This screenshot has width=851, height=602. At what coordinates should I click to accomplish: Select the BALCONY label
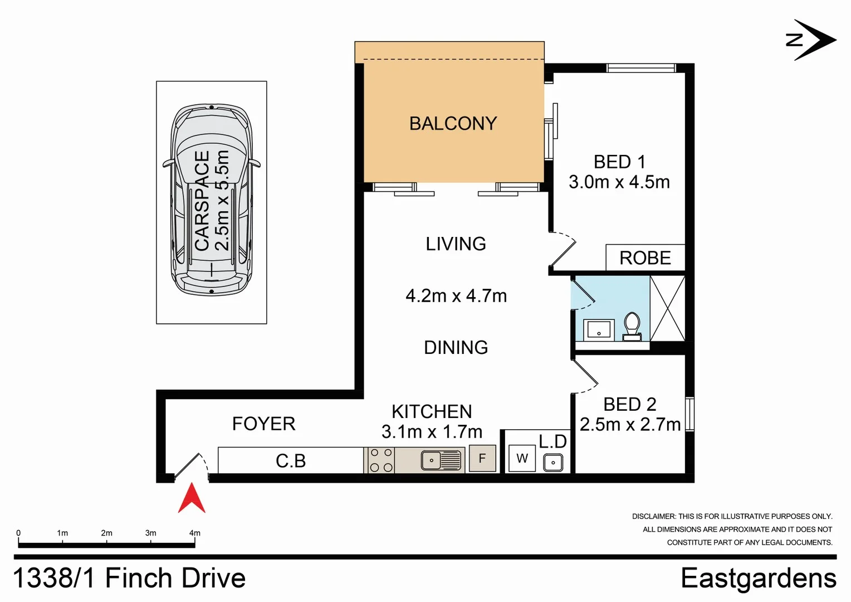click(x=453, y=124)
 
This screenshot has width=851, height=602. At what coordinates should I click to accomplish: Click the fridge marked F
click(x=482, y=459)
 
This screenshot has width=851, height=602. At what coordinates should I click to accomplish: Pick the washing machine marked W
click(x=522, y=459)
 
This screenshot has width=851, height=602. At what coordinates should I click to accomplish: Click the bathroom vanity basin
click(x=599, y=330)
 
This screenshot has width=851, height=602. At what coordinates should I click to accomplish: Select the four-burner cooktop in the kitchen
click(x=381, y=460)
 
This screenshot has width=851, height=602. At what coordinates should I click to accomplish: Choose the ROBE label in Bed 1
click(x=645, y=258)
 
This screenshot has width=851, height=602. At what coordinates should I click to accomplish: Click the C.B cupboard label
click(x=291, y=461)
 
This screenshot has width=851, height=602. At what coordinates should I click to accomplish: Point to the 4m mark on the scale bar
click(x=194, y=533)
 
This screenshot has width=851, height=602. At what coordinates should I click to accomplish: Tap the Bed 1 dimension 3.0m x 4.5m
click(x=619, y=182)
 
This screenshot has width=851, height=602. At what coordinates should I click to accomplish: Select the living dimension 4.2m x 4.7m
click(x=456, y=296)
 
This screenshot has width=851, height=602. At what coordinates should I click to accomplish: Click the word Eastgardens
click(x=758, y=578)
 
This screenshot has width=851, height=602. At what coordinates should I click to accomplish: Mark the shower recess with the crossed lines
click(x=667, y=308)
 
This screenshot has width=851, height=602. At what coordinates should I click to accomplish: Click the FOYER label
click(x=263, y=424)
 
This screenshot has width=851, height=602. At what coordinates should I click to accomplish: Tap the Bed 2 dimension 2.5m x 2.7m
click(x=630, y=425)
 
